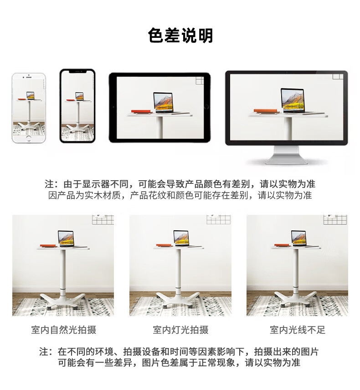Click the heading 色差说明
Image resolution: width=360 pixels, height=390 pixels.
pyautogui.click(x=180, y=36)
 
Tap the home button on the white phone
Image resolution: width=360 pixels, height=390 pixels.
pyautogui.click(x=29, y=139)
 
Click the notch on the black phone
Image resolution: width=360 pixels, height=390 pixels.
pyautogui.click(x=77, y=71)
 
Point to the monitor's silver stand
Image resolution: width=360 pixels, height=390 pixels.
pyautogui.click(x=286, y=155)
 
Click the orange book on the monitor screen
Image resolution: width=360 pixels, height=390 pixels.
pyautogui.click(x=266, y=110)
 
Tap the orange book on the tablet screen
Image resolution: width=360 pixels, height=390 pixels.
pyautogui.click(x=142, y=111)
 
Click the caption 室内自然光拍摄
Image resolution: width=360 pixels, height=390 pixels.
pyautogui.click(x=64, y=330)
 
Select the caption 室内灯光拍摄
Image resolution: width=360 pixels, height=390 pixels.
pyautogui.click(x=180, y=330)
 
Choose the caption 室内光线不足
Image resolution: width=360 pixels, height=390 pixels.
pyautogui.click(x=298, y=330)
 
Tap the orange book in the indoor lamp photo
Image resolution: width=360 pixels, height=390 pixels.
pyautogui.click(x=164, y=245)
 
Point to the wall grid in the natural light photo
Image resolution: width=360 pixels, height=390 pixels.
pyautogui.click(x=103, y=219)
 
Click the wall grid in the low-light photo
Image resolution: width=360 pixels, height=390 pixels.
pyautogui.click(x=335, y=219)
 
